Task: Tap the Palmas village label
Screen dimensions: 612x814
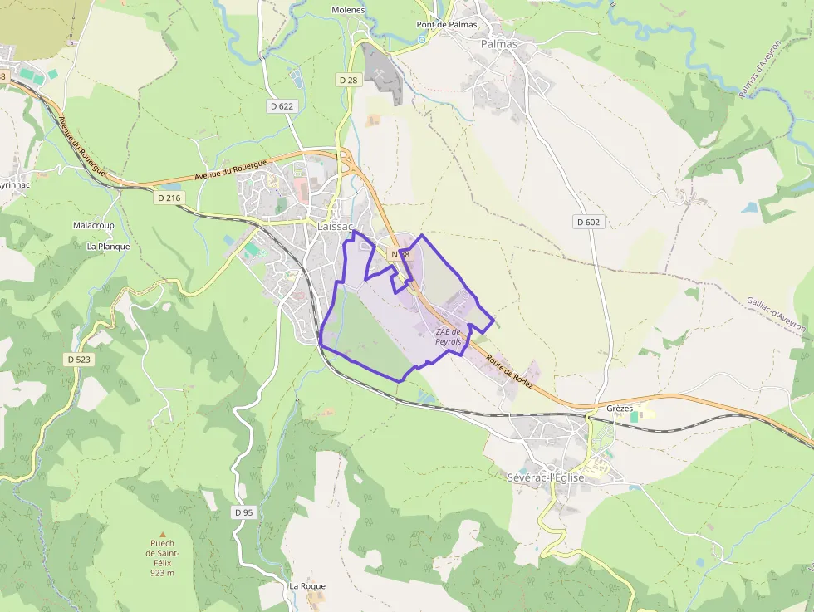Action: click(498, 44)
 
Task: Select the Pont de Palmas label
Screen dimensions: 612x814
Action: click(447, 24)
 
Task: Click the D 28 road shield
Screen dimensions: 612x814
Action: click(348, 80)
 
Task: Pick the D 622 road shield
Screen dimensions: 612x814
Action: click(282, 106)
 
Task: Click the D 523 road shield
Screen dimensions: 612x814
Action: click(78, 359)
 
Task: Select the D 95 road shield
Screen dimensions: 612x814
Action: click(243, 512)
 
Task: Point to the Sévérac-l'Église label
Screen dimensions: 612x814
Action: click(546, 477)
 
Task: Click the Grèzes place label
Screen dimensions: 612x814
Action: click(620, 409)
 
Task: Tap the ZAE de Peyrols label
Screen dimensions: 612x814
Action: click(448, 336)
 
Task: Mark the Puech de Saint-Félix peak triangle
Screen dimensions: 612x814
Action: click(163, 534)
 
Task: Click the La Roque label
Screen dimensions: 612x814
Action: click(307, 585)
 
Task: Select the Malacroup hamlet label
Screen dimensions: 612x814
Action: click(93, 225)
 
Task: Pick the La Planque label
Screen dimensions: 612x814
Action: click(108, 246)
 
